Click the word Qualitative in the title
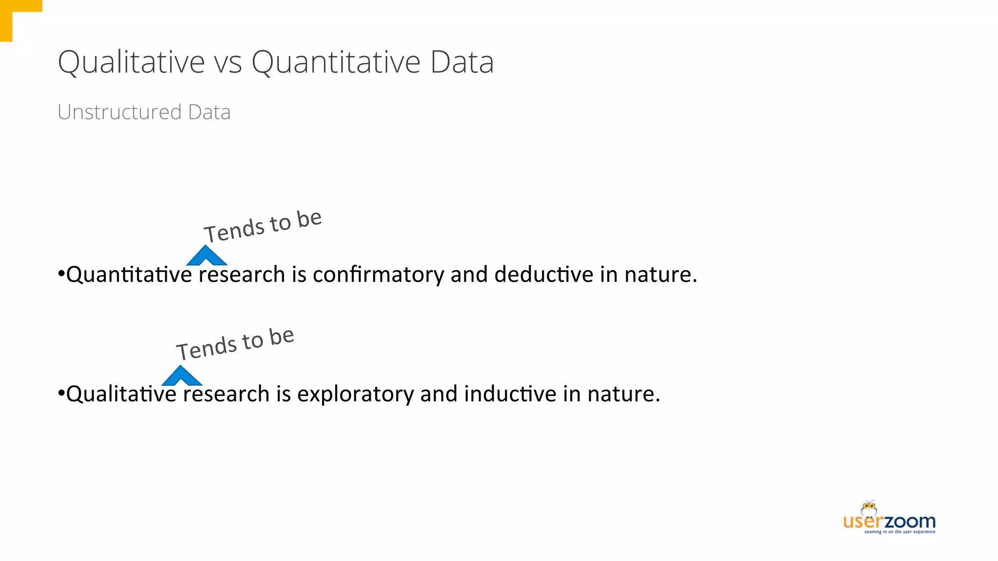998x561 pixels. (x=131, y=62)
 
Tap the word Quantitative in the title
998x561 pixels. (x=336, y=62)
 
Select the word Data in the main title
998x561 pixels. (x=461, y=62)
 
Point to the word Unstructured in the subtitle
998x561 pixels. (x=119, y=112)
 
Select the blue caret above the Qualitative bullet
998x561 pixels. (x=181, y=375)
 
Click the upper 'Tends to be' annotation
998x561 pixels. (x=263, y=226)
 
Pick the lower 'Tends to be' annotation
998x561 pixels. (x=235, y=344)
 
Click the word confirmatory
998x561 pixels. (x=378, y=275)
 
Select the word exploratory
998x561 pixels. (x=355, y=394)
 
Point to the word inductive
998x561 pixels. (x=510, y=394)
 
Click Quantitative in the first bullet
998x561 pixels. (x=129, y=275)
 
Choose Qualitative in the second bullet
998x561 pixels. (x=121, y=394)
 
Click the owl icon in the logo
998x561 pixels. (x=869, y=508)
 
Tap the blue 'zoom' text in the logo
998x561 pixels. (x=910, y=522)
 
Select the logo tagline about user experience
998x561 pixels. (x=900, y=532)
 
